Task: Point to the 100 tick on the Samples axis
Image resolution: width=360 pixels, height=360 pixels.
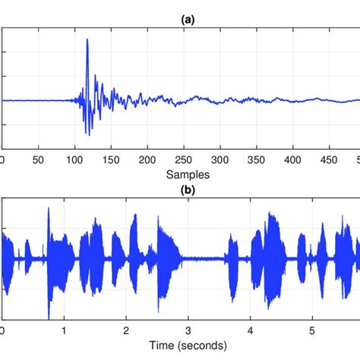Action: coord(74,160)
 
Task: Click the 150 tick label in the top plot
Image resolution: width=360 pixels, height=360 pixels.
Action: coord(111,160)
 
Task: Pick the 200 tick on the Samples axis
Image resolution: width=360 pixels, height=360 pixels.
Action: coord(147,160)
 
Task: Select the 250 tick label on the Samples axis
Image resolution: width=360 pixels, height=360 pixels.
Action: coord(183,160)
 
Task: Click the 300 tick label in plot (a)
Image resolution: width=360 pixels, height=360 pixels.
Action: coord(219,160)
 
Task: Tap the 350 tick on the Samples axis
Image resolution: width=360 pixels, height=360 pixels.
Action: coord(256,160)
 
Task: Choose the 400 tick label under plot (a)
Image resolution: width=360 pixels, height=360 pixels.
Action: coord(292,160)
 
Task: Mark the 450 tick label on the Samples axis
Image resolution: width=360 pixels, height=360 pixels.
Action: coord(329,160)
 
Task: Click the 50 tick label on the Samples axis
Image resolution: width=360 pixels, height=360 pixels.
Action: coord(38,160)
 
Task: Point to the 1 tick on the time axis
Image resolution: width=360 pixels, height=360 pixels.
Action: coord(65,331)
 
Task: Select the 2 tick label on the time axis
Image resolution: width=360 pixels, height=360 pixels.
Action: coord(126,331)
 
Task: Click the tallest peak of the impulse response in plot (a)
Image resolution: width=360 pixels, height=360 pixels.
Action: coord(88,40)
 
